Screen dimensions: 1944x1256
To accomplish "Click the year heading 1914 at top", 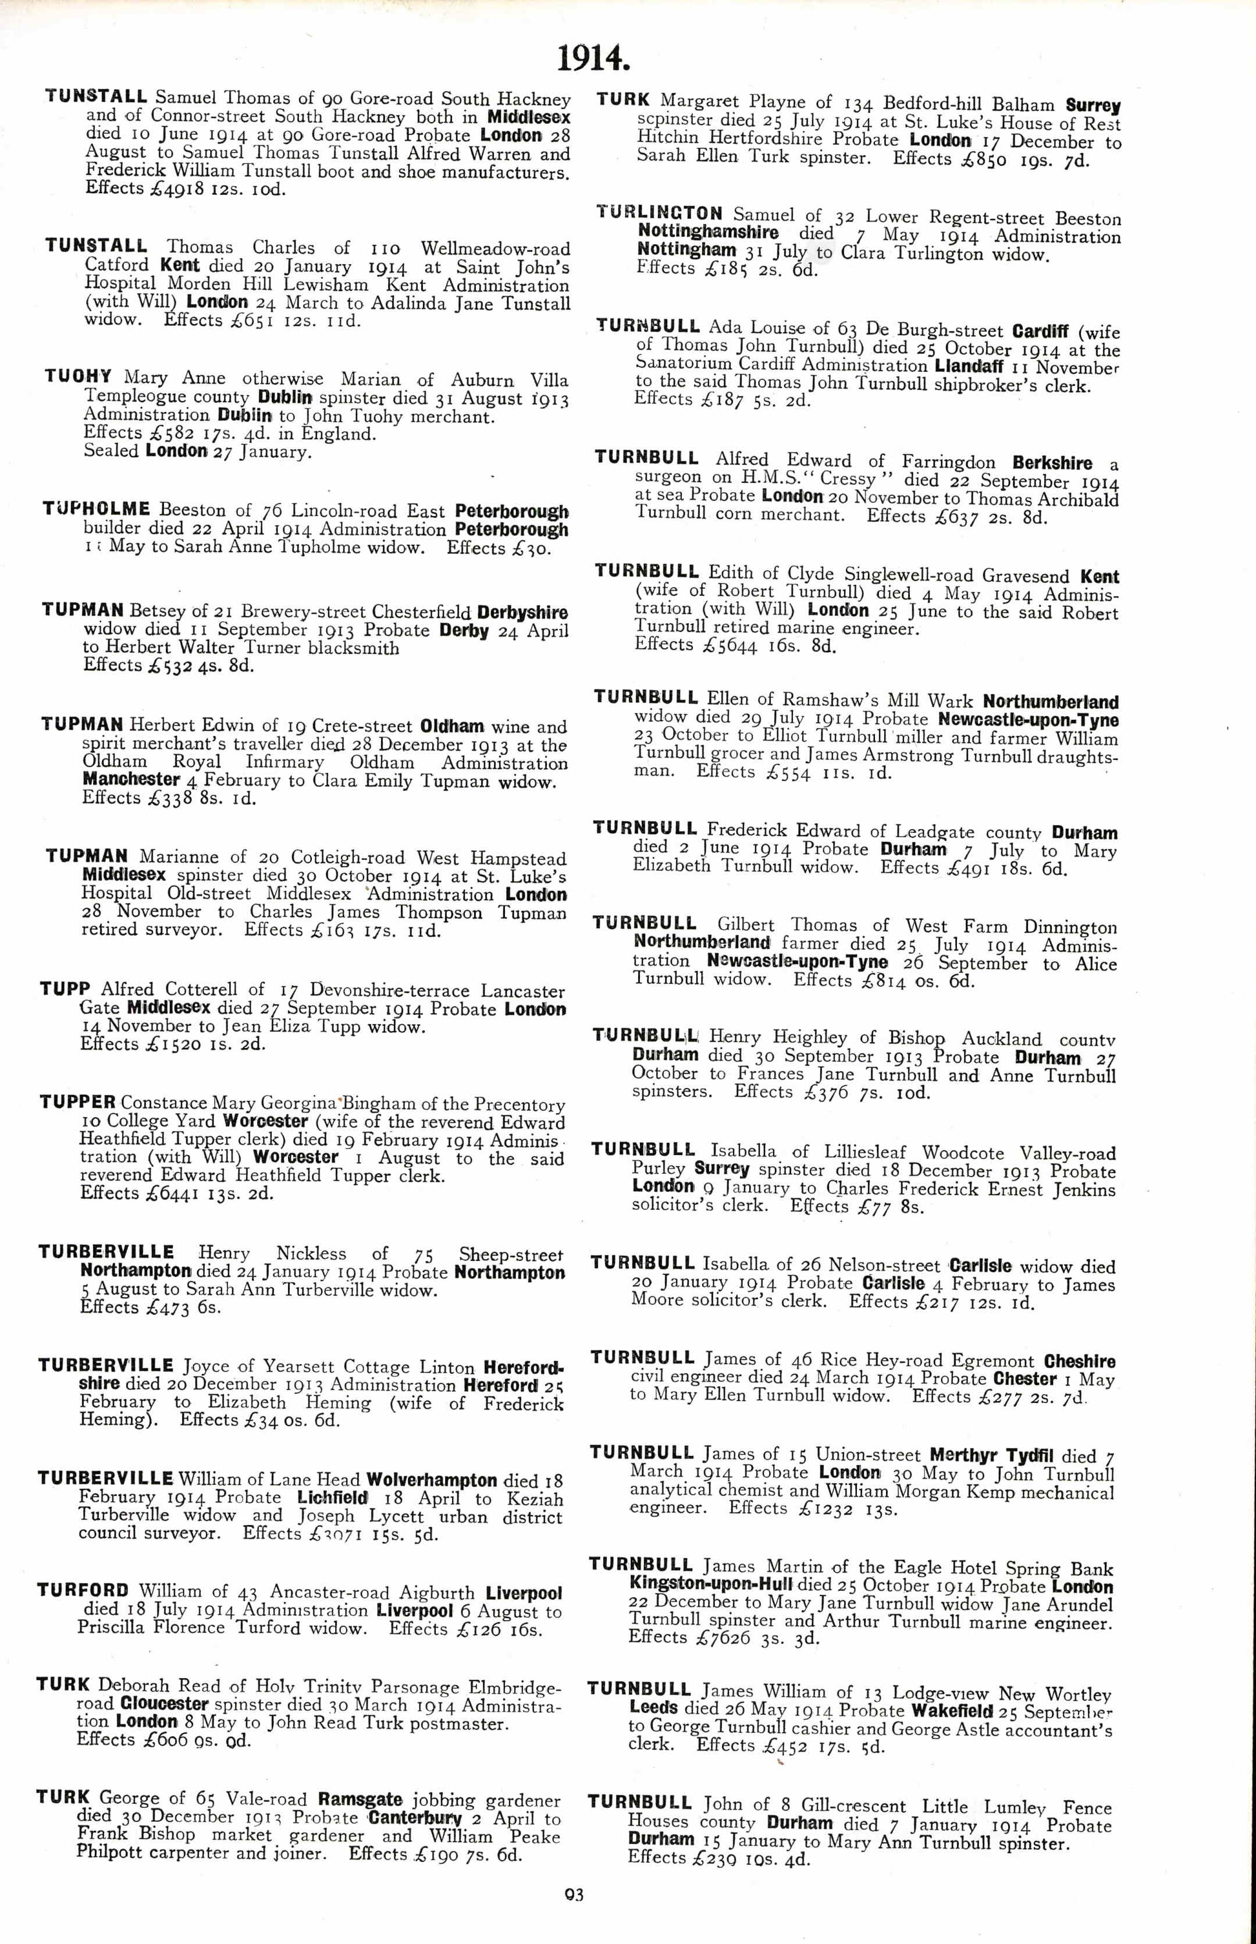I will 593,58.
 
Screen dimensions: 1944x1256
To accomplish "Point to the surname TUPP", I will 65,989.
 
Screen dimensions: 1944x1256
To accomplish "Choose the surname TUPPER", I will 77,1102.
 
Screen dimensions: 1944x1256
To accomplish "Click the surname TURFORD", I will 83,1590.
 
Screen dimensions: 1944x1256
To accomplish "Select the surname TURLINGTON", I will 659,214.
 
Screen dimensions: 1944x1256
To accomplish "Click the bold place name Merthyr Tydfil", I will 992,1455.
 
